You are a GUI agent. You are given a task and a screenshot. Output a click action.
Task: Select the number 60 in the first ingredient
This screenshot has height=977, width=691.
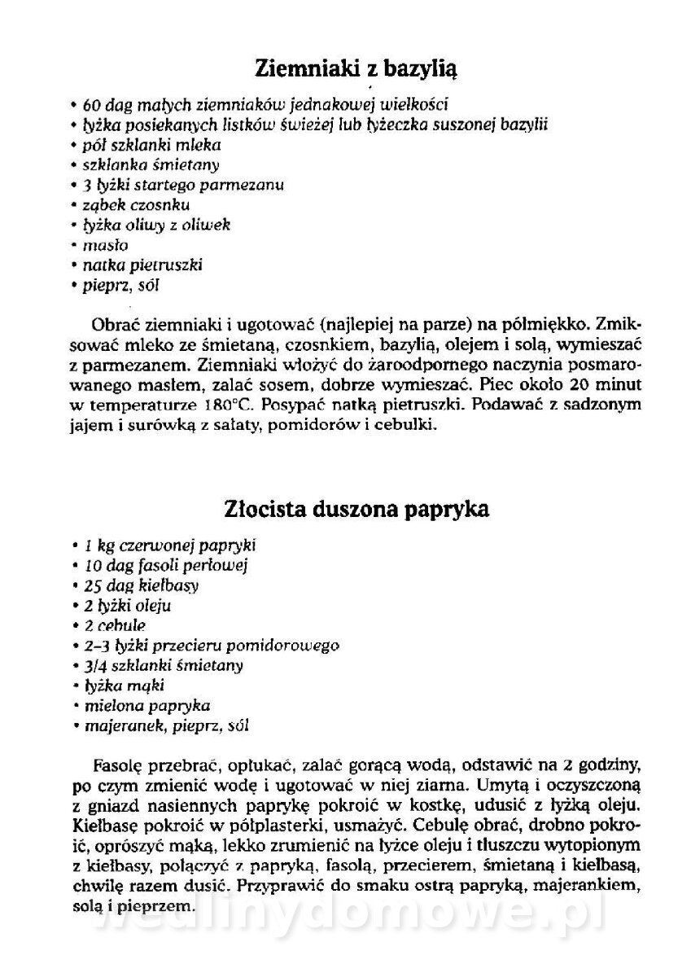(x=90, y=105)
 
